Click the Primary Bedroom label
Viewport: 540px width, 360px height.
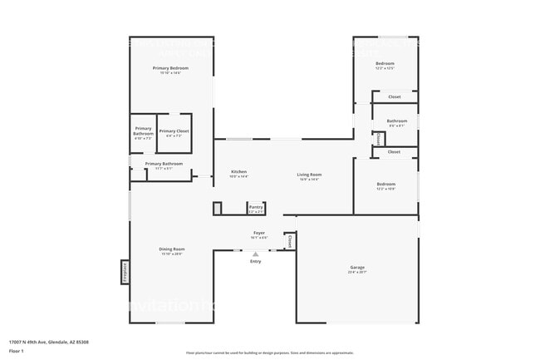tap(170, 67)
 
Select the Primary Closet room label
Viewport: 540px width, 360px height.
tap(174, 131)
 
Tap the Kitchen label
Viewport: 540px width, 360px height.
tap(238, 171)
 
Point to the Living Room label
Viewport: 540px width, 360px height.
tap(309, 174)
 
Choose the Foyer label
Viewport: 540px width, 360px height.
tap(259, 233)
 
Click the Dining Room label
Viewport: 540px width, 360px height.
tap(172, 249)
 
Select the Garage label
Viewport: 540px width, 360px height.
tap(356, 267)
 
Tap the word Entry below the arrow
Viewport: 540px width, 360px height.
tap(255, 262)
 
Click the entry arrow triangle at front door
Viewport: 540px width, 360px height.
tap(255, 254)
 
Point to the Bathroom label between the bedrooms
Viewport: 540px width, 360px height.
tap(396, 121)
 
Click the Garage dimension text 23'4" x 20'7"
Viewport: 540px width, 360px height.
tap(356, 272)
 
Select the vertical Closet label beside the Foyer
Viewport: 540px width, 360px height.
tap(289, 241)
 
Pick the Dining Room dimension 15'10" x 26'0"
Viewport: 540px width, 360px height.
tap(172, 254)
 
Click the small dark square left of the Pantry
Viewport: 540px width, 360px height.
tap(218, 208)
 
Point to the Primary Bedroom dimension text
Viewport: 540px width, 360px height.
tap(170, 73)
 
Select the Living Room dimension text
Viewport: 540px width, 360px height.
tap(309, 179)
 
